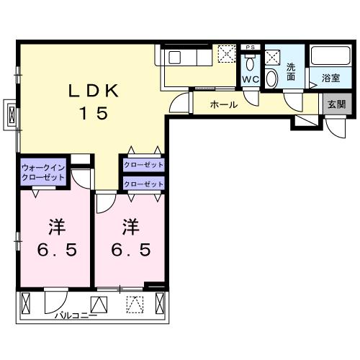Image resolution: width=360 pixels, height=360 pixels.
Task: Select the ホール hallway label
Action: (x=224, y=105)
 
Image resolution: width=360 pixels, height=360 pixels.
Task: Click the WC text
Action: (x=250, y=80)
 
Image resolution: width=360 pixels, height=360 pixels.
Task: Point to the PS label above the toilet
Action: (x=250, y=48)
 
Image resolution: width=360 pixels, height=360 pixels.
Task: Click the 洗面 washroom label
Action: (x=292, y=71)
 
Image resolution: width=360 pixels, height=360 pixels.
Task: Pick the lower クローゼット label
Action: (x=144, y=184)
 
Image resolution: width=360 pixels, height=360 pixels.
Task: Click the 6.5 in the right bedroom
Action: (x=130, y=251)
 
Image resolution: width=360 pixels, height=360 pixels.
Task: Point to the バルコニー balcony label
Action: (x=76, y=314)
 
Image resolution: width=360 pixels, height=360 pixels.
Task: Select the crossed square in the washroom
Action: (x=272, y=56)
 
